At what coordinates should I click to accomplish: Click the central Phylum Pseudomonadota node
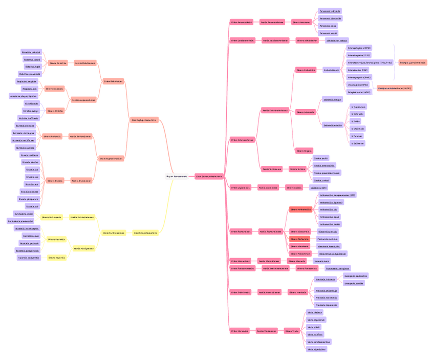[177, 176]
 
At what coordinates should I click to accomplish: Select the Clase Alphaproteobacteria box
[144, 120]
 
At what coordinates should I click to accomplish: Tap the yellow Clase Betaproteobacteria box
[145, 232]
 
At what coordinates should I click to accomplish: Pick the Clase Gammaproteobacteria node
[209, 176]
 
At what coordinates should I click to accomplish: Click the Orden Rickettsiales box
[113, 81]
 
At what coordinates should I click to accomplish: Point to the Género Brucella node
[55, 180]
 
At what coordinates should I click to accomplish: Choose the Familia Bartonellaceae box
[80, 137]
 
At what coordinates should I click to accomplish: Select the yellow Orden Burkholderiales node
[114, 232]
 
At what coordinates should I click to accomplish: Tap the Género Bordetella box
[56, 239]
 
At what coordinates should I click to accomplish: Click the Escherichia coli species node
[331, 70]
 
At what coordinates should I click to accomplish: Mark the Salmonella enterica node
[332, 124]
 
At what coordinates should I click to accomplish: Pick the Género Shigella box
[304, 151]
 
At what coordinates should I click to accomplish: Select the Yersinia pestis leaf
[321, 158]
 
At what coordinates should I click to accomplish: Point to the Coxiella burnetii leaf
[319, 188]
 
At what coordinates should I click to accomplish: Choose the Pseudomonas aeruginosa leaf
[338, 268]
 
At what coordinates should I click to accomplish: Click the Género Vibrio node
[292, 331]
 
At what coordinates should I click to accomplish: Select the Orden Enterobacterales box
[242, 140]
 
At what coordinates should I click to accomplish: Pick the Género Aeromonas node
[301, 22]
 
